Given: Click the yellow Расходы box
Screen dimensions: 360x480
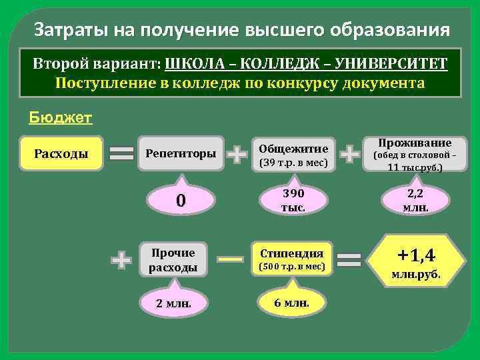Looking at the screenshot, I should pos(61,153).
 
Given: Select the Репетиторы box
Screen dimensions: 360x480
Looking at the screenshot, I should pos(181,154).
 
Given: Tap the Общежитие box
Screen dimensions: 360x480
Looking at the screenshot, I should pos(293,155).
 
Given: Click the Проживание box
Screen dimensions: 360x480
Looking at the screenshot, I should pos(415,154).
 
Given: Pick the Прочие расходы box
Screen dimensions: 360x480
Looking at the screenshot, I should pos(173,260).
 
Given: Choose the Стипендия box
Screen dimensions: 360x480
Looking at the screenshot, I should pos(291,259).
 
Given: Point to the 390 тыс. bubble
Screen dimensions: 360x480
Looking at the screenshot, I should pos(293,200).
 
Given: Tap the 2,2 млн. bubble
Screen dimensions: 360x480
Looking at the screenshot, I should pos(415,200).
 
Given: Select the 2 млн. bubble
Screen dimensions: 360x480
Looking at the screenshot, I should pos(173,303).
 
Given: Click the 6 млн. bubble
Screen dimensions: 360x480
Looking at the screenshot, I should pos(291,303).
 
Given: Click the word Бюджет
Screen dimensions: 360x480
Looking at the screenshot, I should pos(61,118).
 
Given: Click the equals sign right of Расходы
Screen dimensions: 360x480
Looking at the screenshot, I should pos(121,154).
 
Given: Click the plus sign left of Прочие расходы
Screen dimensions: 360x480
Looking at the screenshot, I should pos(121,260).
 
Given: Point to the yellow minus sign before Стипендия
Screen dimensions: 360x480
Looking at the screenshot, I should pos(230,259).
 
